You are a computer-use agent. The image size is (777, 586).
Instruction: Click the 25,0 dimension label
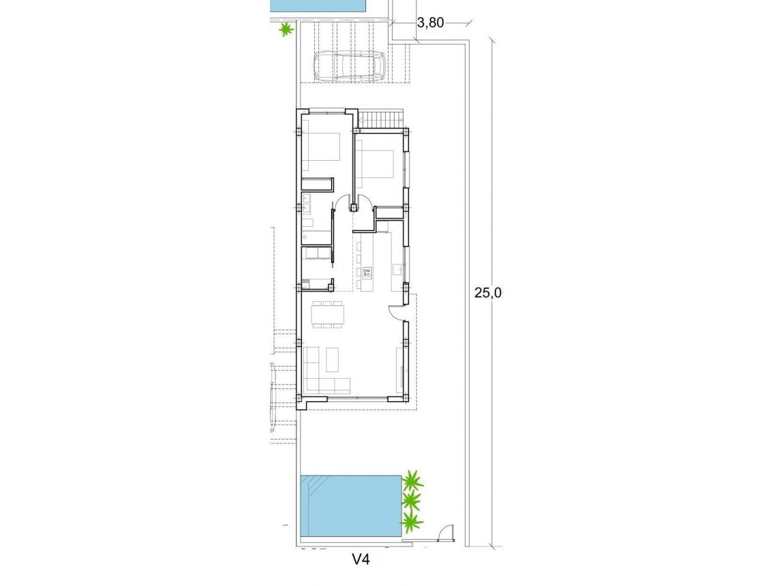pyautogui.click(x=488, y=293)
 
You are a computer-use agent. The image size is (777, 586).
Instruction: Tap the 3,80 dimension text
pyautogui.click(x=430, y=22)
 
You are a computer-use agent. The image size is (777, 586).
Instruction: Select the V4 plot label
pyautogui.click(x=361, y=559)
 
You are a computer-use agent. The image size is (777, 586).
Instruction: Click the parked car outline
pyautogui.click(x=350, y=67)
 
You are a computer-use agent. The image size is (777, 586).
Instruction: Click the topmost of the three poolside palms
pyautogui.click(x=412, y=481)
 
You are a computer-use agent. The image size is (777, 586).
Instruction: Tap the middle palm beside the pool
pyautogui.click(x=412, y=502)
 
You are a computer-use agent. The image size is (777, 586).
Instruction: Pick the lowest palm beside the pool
pyautogui.click(x=412, y=523)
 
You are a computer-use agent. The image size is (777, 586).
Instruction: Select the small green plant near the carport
pyautogui.click(x=286, y=29)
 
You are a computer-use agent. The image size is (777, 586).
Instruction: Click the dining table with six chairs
pyautogui.click(x=327, y=314)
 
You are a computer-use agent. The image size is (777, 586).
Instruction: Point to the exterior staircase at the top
pyautogui.click(x=381, y=119)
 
